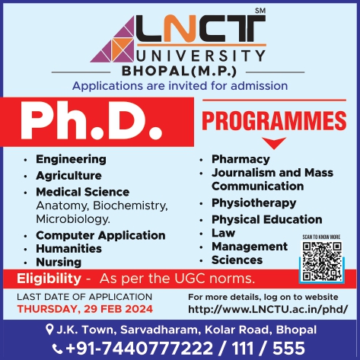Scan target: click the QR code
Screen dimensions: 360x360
(322, 261)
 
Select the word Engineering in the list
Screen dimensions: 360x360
(71, 160)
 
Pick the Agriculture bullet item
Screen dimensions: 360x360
(68, 176)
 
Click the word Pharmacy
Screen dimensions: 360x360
(241, 160)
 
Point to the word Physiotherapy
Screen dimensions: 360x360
(254, 203)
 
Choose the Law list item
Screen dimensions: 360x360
(223, 233)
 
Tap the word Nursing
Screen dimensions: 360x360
(59, 263)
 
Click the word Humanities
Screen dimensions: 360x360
(68, 249)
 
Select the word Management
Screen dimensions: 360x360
(250, 247)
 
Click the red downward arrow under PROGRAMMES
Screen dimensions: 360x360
(274, 143)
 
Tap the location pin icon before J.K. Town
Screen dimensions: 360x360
(49, 330)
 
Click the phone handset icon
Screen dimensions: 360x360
(57, 349)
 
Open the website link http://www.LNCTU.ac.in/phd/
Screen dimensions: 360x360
(268, 309)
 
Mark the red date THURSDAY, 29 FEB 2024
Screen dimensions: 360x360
(85, 309)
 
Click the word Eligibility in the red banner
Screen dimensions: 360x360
(49, 279)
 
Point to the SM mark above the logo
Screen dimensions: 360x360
(260, 11)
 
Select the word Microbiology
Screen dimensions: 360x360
(73, 219)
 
